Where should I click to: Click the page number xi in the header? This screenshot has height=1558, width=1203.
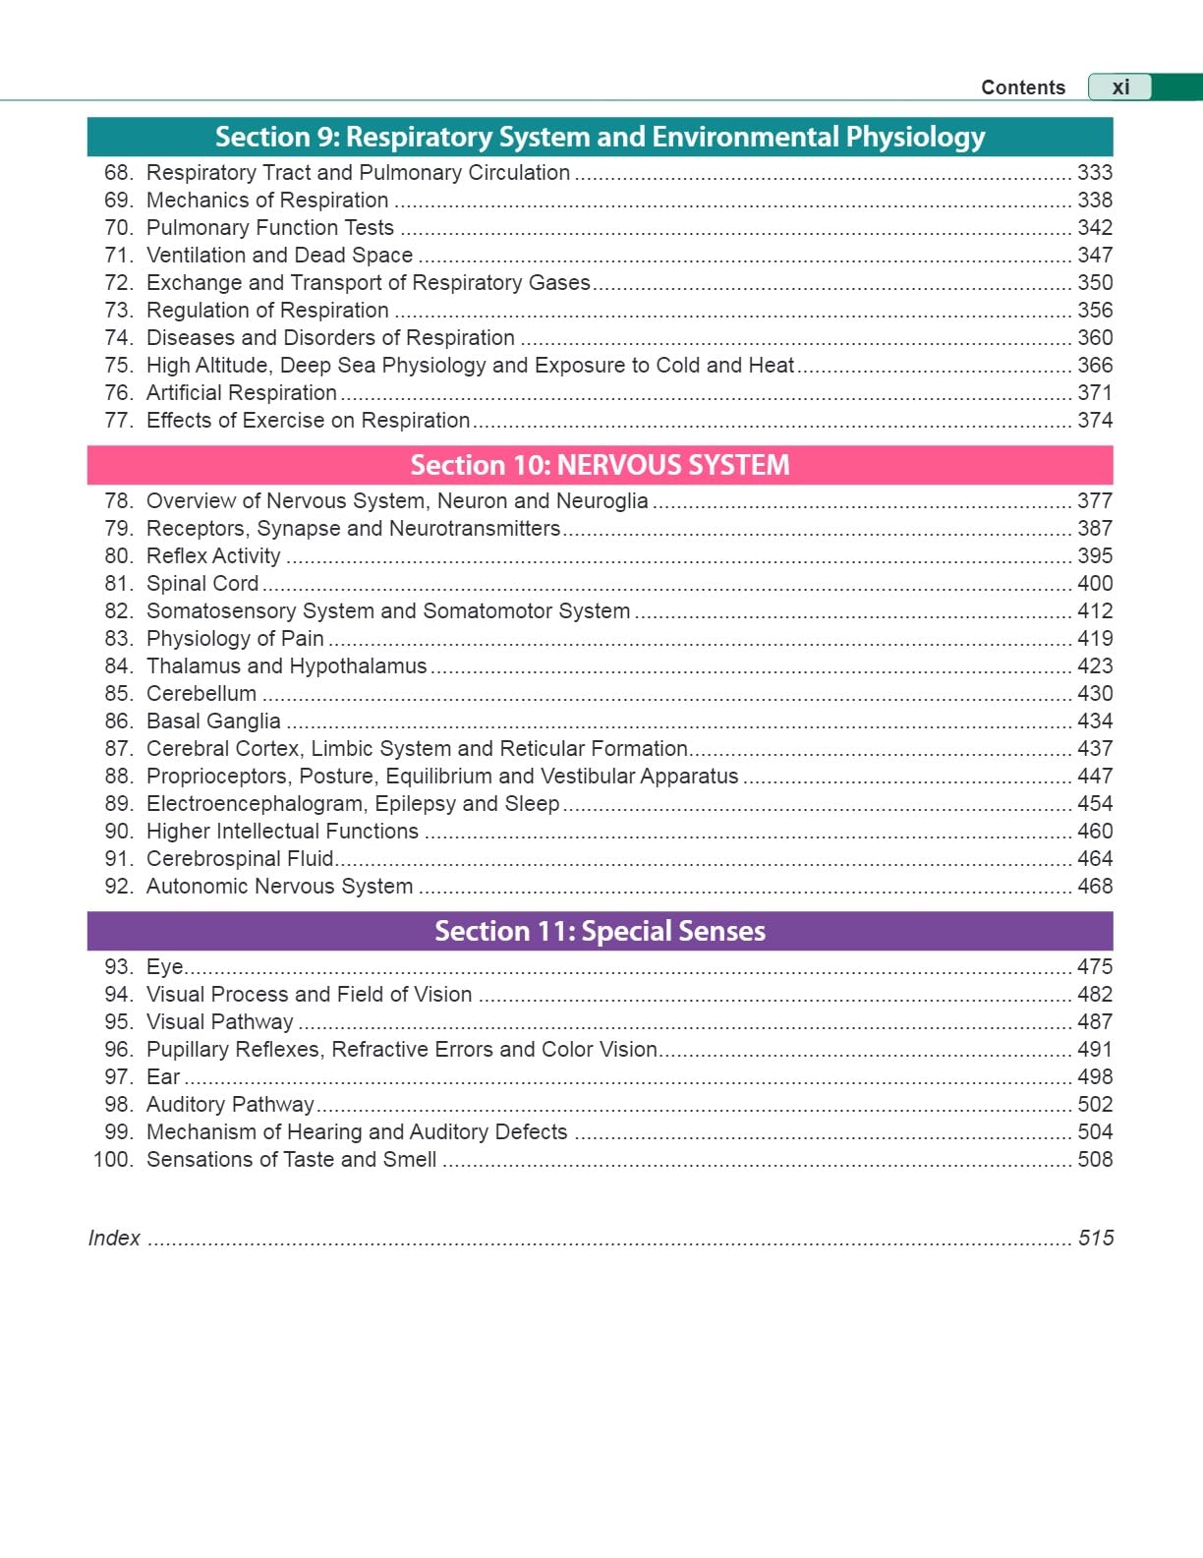coord(1120,87)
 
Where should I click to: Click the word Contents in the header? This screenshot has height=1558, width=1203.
coord(1022,87)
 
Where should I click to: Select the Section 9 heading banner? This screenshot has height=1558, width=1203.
coord(600,137)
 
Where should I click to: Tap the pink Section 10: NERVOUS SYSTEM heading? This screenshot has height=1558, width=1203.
coord(600,465)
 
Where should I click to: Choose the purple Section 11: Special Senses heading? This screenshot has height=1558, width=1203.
coord(600,931)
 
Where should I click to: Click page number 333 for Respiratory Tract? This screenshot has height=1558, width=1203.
coord(1095,173)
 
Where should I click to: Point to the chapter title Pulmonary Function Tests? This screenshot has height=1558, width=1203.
coord(270,228)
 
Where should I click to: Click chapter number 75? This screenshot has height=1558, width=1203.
coord(118,366)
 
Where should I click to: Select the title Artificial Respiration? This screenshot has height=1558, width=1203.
coord(242,393)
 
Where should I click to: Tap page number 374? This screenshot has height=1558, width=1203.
coord(1095,421)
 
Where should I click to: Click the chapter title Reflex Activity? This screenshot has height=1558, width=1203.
coord(213,556)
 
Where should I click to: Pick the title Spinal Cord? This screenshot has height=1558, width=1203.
coord(202,584)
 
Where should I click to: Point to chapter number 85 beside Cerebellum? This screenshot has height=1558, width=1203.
coord(118,694)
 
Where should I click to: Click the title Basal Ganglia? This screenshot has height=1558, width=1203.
coord(213,721)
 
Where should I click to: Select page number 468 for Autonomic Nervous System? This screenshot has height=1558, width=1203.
coord(1095,887)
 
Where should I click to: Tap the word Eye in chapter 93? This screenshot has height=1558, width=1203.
coord(164,967)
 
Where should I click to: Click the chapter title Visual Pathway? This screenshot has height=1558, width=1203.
coord(220,1022)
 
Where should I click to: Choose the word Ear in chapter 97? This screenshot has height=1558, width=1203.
coord(163,1077)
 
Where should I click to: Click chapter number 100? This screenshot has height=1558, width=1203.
coord(112,1160)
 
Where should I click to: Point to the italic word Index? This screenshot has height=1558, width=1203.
coord(114,1239)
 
